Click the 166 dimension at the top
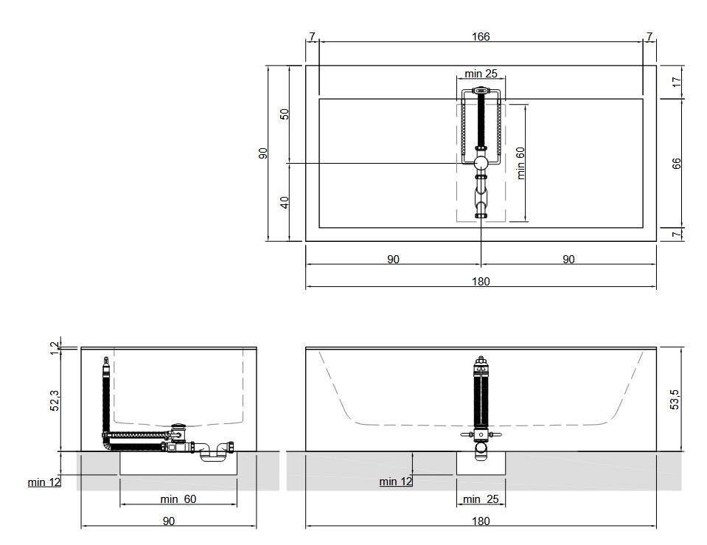[481, 37]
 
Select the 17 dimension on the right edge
[676, 82]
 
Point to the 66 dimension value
[676, 164]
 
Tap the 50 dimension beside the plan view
[284, 114]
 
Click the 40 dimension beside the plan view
[284, 203]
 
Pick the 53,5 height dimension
[675, 399]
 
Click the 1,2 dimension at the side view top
[55, 348]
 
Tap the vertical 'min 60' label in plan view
[520, 163]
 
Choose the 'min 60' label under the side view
[178, 499]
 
